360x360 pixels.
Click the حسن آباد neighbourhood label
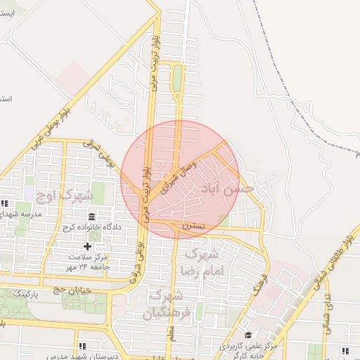click(x=226, y=188)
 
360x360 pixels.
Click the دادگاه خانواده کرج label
click(x=93, y=227)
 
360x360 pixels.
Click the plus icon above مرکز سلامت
click(x=87, y=245)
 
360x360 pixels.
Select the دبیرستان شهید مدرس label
click(x=81, y=356)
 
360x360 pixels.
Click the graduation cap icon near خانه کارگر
click(x=247, y=335)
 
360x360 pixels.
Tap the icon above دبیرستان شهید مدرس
click(x=82, y=346)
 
